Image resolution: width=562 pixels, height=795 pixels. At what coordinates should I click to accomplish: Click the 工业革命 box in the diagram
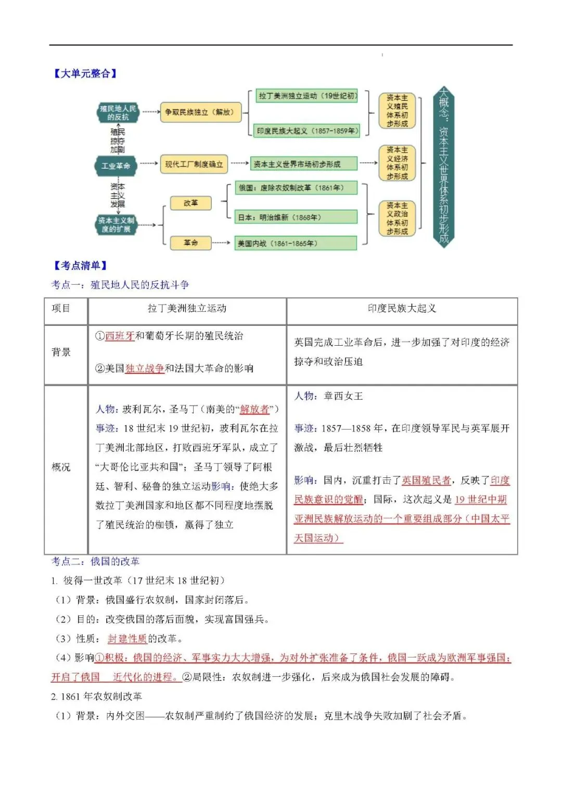(116, 166)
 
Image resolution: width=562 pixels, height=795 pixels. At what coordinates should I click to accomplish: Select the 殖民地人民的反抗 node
(118, 112)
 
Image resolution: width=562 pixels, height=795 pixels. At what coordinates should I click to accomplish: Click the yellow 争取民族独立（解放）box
(200, 112)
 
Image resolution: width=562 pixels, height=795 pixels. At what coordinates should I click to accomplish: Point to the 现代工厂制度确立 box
(194, 164)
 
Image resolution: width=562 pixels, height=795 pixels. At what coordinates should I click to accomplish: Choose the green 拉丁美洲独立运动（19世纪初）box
(307, 96)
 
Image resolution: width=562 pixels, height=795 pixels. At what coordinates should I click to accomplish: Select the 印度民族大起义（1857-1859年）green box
(307, 131)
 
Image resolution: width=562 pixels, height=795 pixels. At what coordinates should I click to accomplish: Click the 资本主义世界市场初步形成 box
(304, 164)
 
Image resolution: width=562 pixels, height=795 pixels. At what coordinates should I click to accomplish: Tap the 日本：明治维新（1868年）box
(297, 217)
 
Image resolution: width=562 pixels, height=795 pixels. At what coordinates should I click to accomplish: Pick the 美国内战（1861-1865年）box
(297, 243)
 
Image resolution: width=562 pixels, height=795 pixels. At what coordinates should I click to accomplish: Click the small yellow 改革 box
(190, 203)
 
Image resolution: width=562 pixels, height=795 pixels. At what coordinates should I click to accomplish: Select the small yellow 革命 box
(190, 243)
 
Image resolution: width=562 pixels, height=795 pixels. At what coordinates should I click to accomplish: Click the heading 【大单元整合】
(85, 73)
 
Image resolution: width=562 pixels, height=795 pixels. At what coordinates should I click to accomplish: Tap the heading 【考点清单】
(80, 266)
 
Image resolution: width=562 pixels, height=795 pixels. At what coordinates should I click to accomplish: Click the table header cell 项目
(61, 308)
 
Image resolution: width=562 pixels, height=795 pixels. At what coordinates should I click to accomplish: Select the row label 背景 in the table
(61, 352)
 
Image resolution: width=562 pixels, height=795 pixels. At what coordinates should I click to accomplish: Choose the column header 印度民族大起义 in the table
(402, 308)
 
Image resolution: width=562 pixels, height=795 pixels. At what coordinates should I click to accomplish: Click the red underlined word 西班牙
(120, 336)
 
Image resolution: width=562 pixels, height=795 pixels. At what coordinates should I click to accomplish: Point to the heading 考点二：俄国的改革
(95, 561)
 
